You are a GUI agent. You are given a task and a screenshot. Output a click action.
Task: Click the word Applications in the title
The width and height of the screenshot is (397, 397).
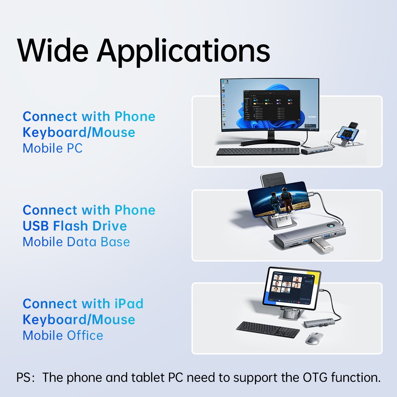click(x=184, y=51)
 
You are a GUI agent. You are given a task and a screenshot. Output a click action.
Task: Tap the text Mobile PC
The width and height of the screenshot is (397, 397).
click(x=52, y=148)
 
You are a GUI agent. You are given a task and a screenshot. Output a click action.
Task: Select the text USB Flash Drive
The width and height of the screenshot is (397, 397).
click(x=75, y=226)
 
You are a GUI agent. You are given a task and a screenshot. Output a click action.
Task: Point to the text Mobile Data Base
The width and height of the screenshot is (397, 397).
click(x=76, y=242)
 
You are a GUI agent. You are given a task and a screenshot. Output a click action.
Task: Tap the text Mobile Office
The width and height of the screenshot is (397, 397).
click(x=63, y=335)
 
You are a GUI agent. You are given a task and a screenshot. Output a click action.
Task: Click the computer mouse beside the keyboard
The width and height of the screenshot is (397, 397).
click(x=314, y=338)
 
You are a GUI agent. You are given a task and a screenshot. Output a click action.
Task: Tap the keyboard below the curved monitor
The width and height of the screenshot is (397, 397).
click(x=258, y=152)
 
